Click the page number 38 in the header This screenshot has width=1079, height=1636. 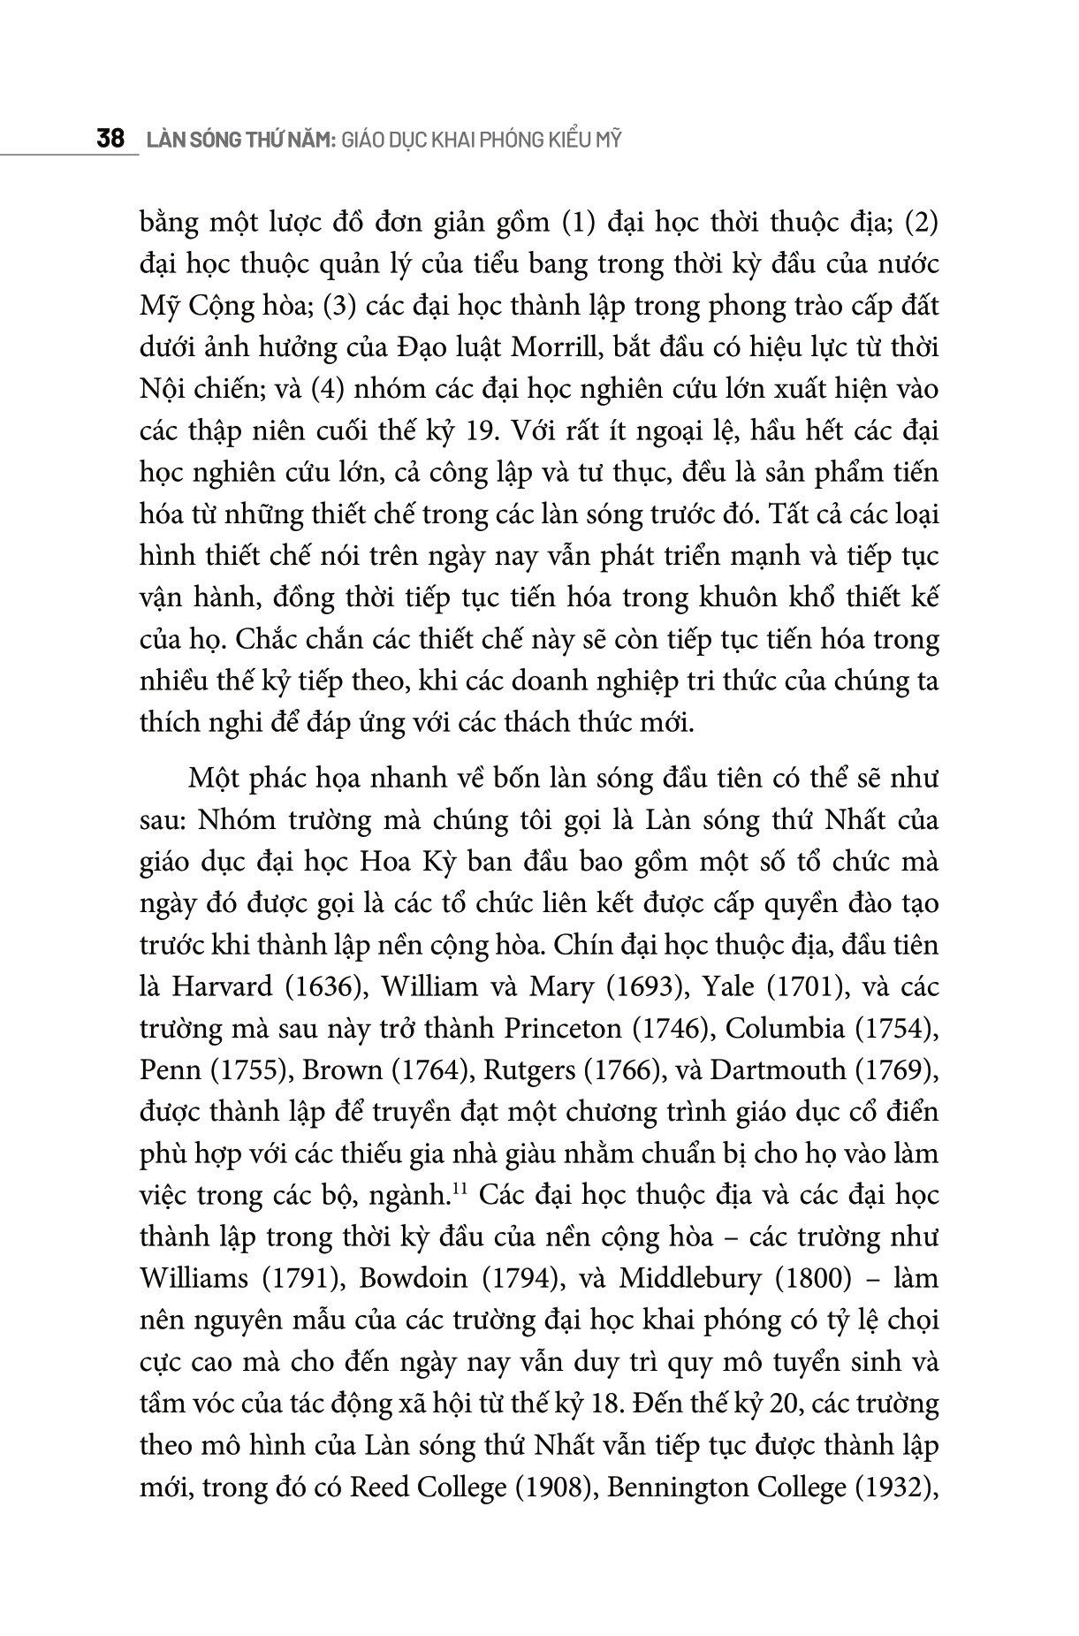coord(110,141)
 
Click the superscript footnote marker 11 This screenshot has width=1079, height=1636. coord(459,1190)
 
